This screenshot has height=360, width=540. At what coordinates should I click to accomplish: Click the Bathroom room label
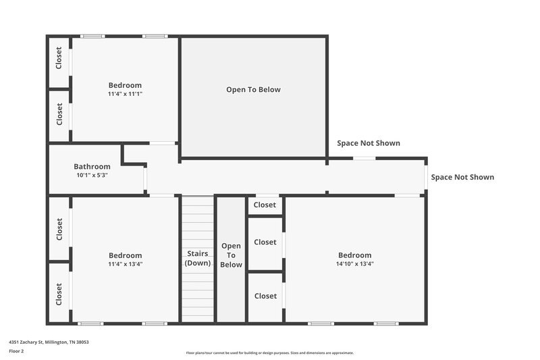pyautogui.click(x=92, y=167)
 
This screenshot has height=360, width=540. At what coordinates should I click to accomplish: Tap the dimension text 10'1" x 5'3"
pyautogui.click(x=92, y=175)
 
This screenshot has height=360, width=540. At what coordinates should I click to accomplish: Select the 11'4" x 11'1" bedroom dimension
pyautogui.click(x=125, y=94)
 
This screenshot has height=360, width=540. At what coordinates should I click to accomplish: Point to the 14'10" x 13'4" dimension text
pyautogui.click(x=354, y=264)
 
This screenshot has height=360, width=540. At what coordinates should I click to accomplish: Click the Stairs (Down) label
pyautogui.click(x=198, y=259)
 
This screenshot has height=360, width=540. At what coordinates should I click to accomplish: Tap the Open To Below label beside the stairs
pyautogui.click(x=231, y=255)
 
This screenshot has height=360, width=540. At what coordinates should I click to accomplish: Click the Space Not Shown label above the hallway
pyautogui.click(x=368, y=143)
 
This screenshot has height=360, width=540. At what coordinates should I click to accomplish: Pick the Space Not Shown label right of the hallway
pyautogui.click(x=462, y=178)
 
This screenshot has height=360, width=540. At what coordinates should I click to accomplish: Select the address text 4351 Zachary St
pyautogui.click(x=49, y=342)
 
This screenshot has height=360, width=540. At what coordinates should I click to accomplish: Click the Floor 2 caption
pyautogui.click(x=16, y=351)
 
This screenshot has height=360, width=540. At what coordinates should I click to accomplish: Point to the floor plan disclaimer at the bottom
pyautogui.click(x=269, y=353)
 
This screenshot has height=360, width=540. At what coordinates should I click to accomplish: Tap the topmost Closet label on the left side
pyautogui.click(x=59, y=57)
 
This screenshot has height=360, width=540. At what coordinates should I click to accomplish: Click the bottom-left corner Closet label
pyautogui.click(x=59, y=294)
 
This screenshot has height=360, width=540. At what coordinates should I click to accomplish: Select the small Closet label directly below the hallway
pyautogui.click(x=265, y=205)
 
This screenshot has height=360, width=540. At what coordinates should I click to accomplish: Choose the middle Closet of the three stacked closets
pyautogui.click(x=265, y=242)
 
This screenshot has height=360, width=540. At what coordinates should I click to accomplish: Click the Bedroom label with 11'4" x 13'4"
pyautogui.click(x=125, y=255)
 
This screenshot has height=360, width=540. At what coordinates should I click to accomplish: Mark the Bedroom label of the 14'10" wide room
pyautogui.click(x=354, y=255)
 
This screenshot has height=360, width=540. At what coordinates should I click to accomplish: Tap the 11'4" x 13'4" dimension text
pyautogui.click(x=125, y=264)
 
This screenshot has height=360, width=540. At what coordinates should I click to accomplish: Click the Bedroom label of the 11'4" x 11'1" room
pyautogui.click(x=125, y=85)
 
